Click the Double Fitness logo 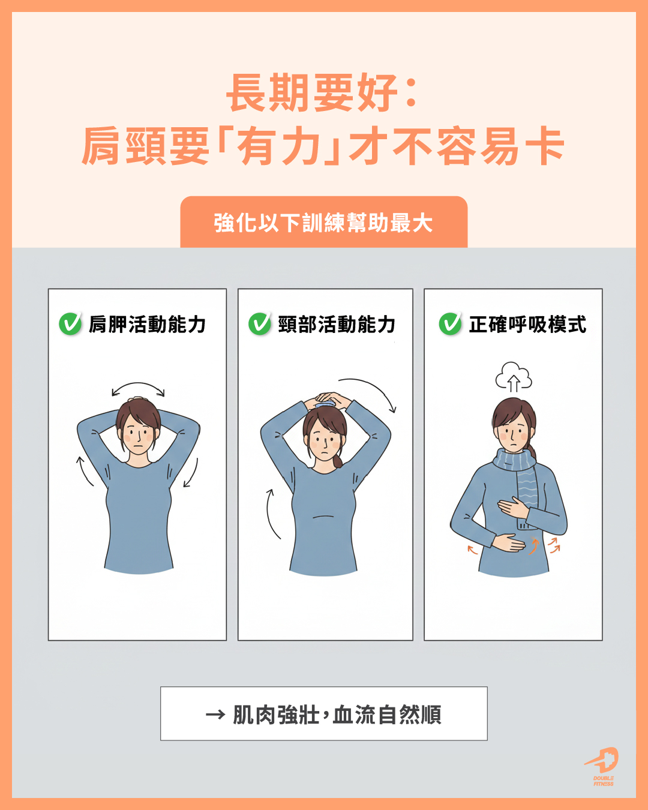[x=602, y=767]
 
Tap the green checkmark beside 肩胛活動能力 [x=70, y=323]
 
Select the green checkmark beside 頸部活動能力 [x=260, y=323]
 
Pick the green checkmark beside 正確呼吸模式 [x=451, y=323]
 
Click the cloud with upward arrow [x=514, y=376]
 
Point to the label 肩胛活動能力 [x=147, y=324]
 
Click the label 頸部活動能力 [x=337, y=324]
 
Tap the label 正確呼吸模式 [x=527, y=324]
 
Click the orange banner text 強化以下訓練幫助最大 [x=323, y=223]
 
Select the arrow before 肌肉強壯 [x=215, y=715]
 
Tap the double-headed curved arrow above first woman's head [x=138, y=385]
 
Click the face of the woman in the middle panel [x=324, y=439]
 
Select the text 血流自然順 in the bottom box [x=386, y=715]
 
